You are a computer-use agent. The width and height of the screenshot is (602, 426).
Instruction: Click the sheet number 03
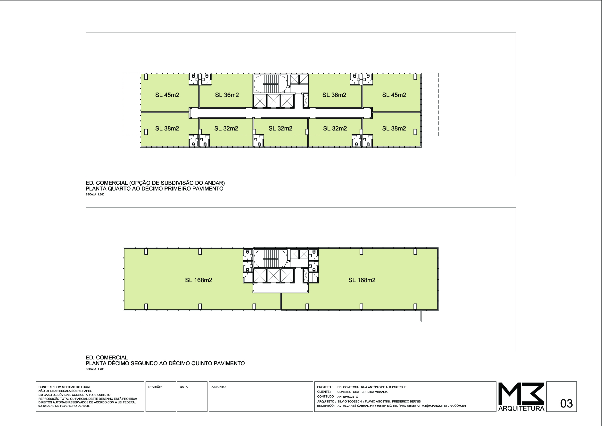567,403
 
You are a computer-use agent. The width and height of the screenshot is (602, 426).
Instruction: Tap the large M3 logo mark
521,393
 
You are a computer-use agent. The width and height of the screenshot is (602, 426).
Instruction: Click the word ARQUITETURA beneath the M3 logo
521,409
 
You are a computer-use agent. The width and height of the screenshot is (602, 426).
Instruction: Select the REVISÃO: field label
155,387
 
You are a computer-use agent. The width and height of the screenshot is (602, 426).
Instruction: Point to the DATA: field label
184,387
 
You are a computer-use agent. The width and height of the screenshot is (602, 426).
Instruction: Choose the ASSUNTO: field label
219,387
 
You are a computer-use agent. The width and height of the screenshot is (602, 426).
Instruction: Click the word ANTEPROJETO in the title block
348,397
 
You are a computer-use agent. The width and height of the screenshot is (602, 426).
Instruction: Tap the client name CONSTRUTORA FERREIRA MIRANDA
362,392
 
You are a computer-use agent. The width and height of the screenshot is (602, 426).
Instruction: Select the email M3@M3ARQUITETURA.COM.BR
444,406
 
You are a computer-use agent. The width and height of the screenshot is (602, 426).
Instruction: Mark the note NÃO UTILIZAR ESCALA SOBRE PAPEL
65,391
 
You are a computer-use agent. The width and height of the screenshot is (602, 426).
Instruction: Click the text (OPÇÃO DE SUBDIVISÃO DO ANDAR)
177,183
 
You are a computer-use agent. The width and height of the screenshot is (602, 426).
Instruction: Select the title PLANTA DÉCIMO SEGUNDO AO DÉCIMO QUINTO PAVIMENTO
165,364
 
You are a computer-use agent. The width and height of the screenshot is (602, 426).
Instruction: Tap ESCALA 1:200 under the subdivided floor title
95,195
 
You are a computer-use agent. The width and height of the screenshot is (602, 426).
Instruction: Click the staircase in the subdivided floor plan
271,84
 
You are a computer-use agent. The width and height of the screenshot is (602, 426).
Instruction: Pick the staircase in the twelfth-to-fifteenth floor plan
271,258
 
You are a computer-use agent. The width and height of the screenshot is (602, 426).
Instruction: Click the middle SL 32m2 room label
280,128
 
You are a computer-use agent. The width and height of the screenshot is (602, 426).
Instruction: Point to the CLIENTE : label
324,392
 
